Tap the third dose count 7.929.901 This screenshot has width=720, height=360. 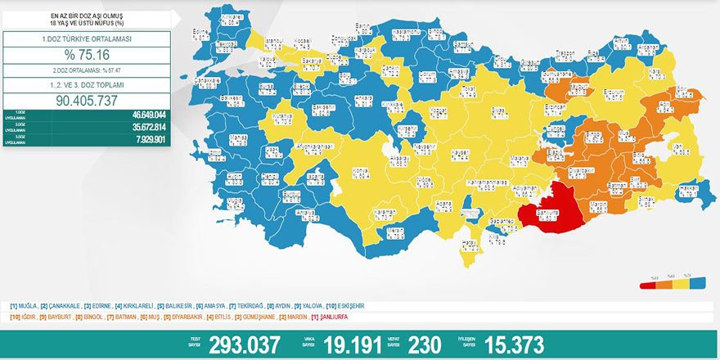point(147,139)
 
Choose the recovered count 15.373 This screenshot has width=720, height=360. point(513,344)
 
